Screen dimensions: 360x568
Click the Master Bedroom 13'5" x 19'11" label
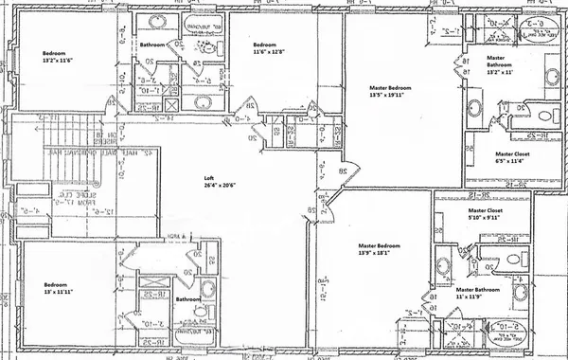point(389,92)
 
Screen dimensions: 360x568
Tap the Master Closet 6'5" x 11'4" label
point(512,157)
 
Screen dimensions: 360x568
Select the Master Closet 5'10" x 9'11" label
point(484,215)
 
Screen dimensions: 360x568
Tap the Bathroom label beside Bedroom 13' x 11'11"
point(186,299)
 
